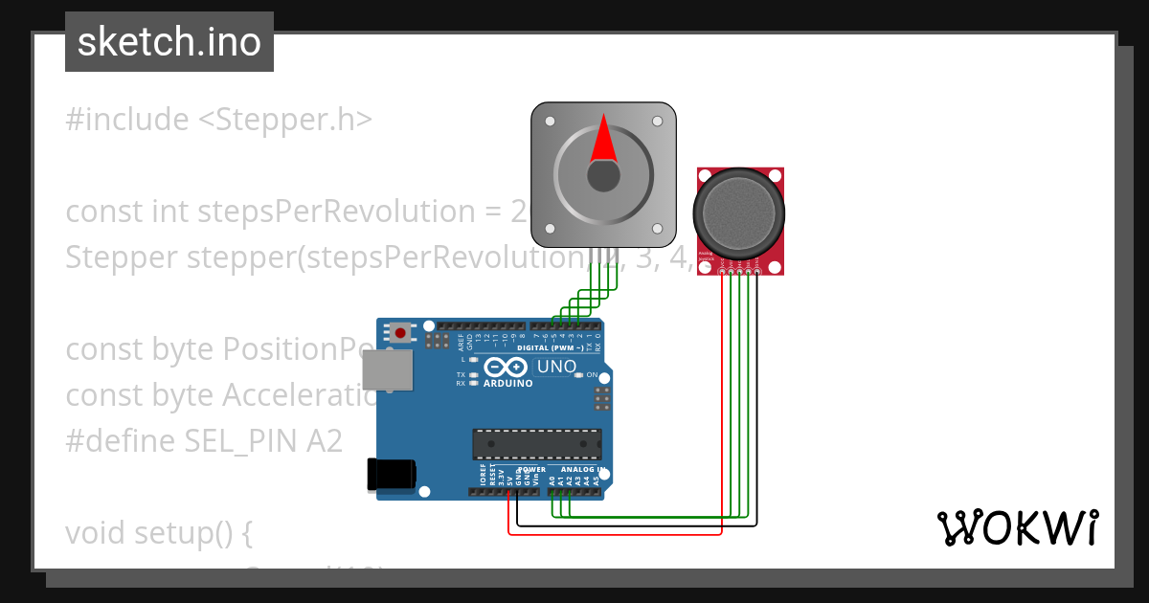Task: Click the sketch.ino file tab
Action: coord(169,42)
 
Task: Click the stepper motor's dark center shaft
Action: coord(603,175)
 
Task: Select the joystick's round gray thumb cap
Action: coord(739,213)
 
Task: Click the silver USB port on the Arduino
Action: coord(388,369)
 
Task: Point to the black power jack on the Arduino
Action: coord(391,474)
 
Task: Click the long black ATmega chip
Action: coord(536,444)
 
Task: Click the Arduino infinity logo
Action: coord(505,367)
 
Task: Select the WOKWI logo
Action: coord(1017,527)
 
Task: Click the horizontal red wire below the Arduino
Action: coord(613,535)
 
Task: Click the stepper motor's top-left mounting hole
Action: coord(550,122)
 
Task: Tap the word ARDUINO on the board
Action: coord(507,383)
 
